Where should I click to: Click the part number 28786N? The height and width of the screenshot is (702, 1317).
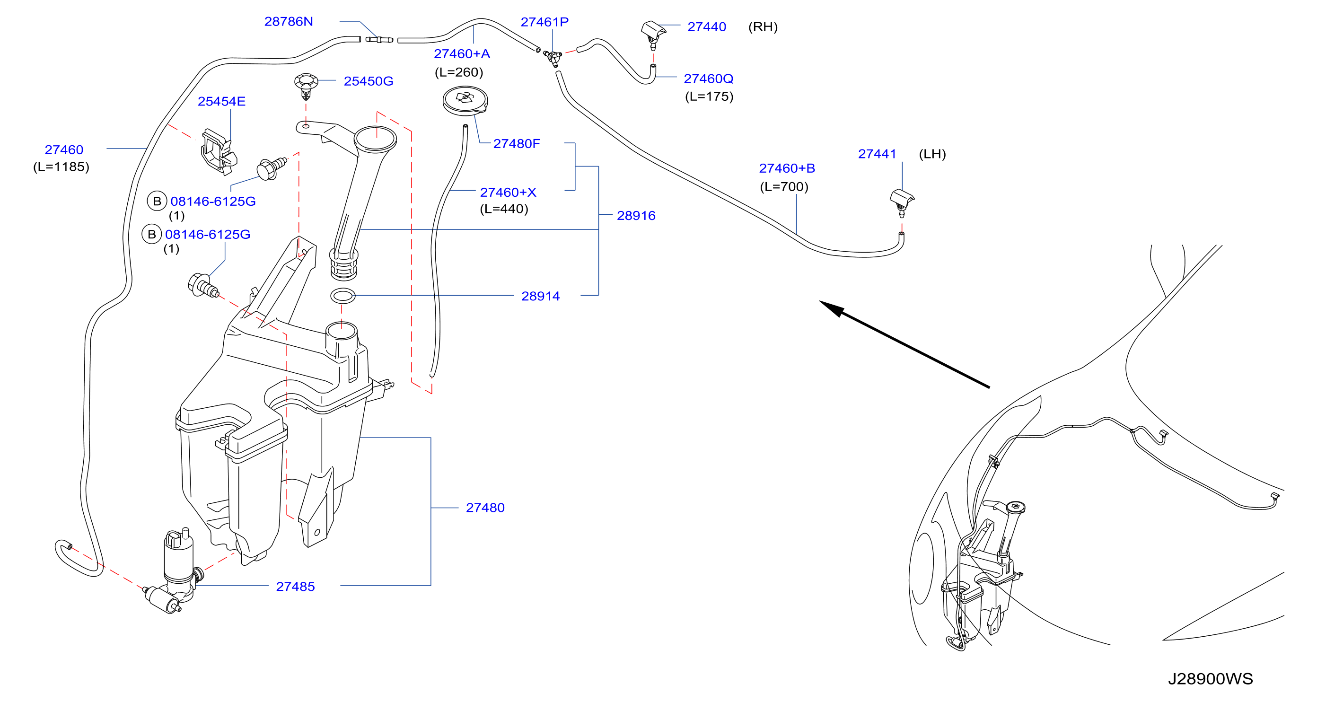pos(289,21)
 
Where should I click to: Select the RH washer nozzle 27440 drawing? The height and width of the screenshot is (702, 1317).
pos(653,34)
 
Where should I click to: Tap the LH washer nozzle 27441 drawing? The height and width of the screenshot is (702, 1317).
pos(902,202)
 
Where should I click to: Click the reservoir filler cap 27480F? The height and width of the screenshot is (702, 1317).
pos(465,100)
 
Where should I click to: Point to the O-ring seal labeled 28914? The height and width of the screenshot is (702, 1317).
pos(342,296)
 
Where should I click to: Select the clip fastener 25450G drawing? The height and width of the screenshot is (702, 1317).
pos(306,87)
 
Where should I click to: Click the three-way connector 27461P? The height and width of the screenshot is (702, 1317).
pos(553,58)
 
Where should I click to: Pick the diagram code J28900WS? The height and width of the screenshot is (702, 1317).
pos(1210,679)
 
